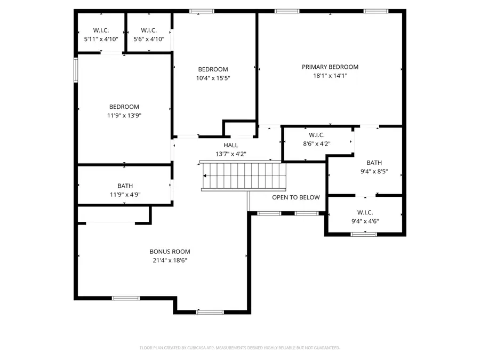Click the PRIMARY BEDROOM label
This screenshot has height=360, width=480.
330,67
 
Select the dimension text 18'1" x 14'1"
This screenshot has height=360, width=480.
330,76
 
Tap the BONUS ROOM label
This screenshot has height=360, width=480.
170,251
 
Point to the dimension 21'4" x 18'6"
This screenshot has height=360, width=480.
170,260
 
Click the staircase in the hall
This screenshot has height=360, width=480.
244,176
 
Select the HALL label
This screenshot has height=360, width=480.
231,145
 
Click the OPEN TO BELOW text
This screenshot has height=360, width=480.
296,197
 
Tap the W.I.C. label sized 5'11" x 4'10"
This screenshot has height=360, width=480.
101,30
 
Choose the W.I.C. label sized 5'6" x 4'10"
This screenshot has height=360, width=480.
149,30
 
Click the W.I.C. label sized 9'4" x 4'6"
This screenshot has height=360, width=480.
365,212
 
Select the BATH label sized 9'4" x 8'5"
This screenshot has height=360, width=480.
374,163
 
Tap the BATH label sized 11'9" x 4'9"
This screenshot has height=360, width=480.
125,186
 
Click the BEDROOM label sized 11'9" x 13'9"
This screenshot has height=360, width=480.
124,106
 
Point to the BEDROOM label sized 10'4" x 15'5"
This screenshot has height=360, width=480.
213,69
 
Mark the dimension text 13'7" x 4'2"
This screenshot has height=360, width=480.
231,154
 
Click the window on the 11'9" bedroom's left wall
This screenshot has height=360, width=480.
76,69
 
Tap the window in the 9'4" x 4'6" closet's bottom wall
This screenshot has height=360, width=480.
363,234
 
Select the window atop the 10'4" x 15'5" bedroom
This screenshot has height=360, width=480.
202,11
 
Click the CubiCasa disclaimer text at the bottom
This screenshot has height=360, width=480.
239,348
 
